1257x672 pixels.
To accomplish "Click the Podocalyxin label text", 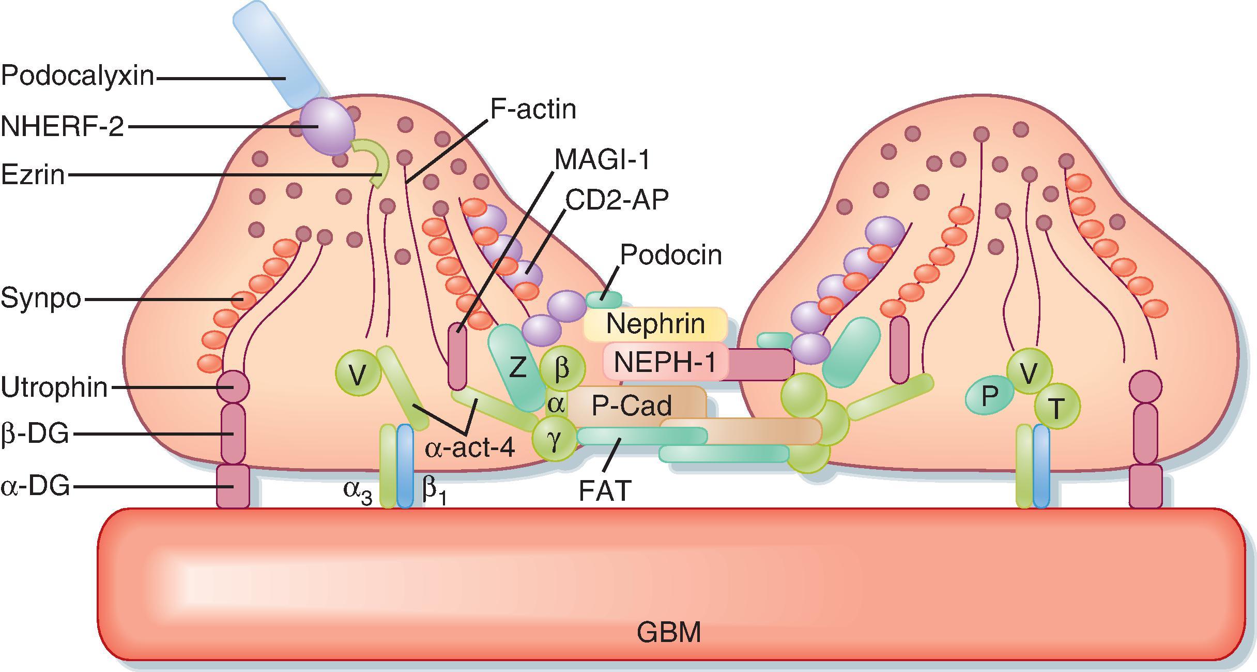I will [78, 76].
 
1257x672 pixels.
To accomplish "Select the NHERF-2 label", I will [63, 126].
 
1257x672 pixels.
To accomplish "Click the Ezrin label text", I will [33, 174].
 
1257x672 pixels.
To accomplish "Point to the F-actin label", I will [533, 109].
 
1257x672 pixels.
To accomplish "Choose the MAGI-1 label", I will [602, 159].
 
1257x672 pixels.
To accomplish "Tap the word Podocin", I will [670, 255].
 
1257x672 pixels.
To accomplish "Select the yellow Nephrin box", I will [655, 324].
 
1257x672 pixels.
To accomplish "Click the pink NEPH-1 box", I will [665, 362].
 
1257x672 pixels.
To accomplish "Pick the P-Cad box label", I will [632, 406].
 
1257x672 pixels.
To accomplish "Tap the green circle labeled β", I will [562, 368].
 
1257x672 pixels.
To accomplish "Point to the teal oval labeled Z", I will [517, 367].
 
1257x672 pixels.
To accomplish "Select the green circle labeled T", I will [1056, 408].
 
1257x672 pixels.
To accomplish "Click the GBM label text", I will [669, 632].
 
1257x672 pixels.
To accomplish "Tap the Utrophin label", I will [54, 387].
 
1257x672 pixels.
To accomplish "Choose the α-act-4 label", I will [470, 448].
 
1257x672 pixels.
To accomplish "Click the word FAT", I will [605, 490].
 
